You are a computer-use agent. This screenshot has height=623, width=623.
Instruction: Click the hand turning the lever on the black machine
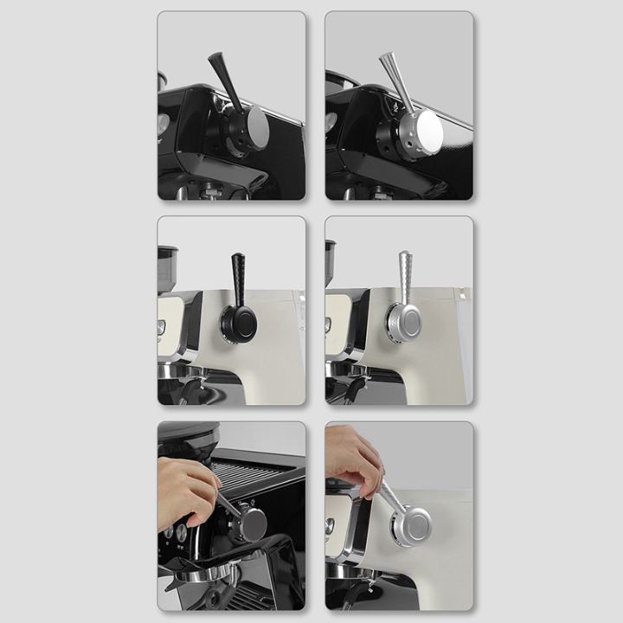pyautogui.click(x=186, y=491)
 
